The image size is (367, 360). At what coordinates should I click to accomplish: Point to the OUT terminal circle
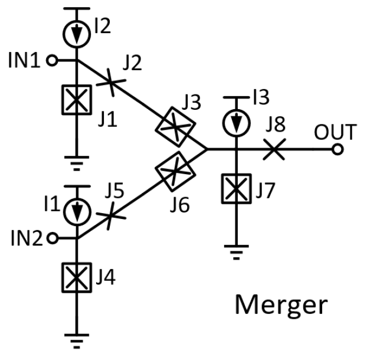click(x=337, y=149)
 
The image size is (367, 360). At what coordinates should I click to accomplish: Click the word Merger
click(x=280, y=305)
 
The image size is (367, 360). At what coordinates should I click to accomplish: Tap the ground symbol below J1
click(x=77, y=158)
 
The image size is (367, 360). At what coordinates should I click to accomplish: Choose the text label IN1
click(x=24, y=60)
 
